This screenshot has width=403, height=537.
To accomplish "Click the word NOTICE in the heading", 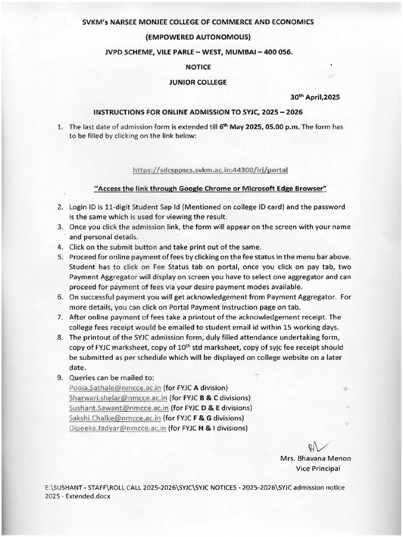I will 198,67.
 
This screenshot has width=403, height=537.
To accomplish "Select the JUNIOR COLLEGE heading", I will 198,82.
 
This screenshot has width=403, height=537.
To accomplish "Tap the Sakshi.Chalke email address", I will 114,418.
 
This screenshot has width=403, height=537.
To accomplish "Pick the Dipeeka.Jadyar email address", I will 118,428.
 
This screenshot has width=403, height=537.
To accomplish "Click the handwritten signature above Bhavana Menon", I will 317,446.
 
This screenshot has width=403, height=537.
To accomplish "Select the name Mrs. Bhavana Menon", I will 315,458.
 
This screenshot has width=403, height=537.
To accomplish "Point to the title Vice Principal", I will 317,468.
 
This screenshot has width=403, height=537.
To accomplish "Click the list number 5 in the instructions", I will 60,256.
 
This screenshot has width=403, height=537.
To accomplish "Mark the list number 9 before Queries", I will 60,378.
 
